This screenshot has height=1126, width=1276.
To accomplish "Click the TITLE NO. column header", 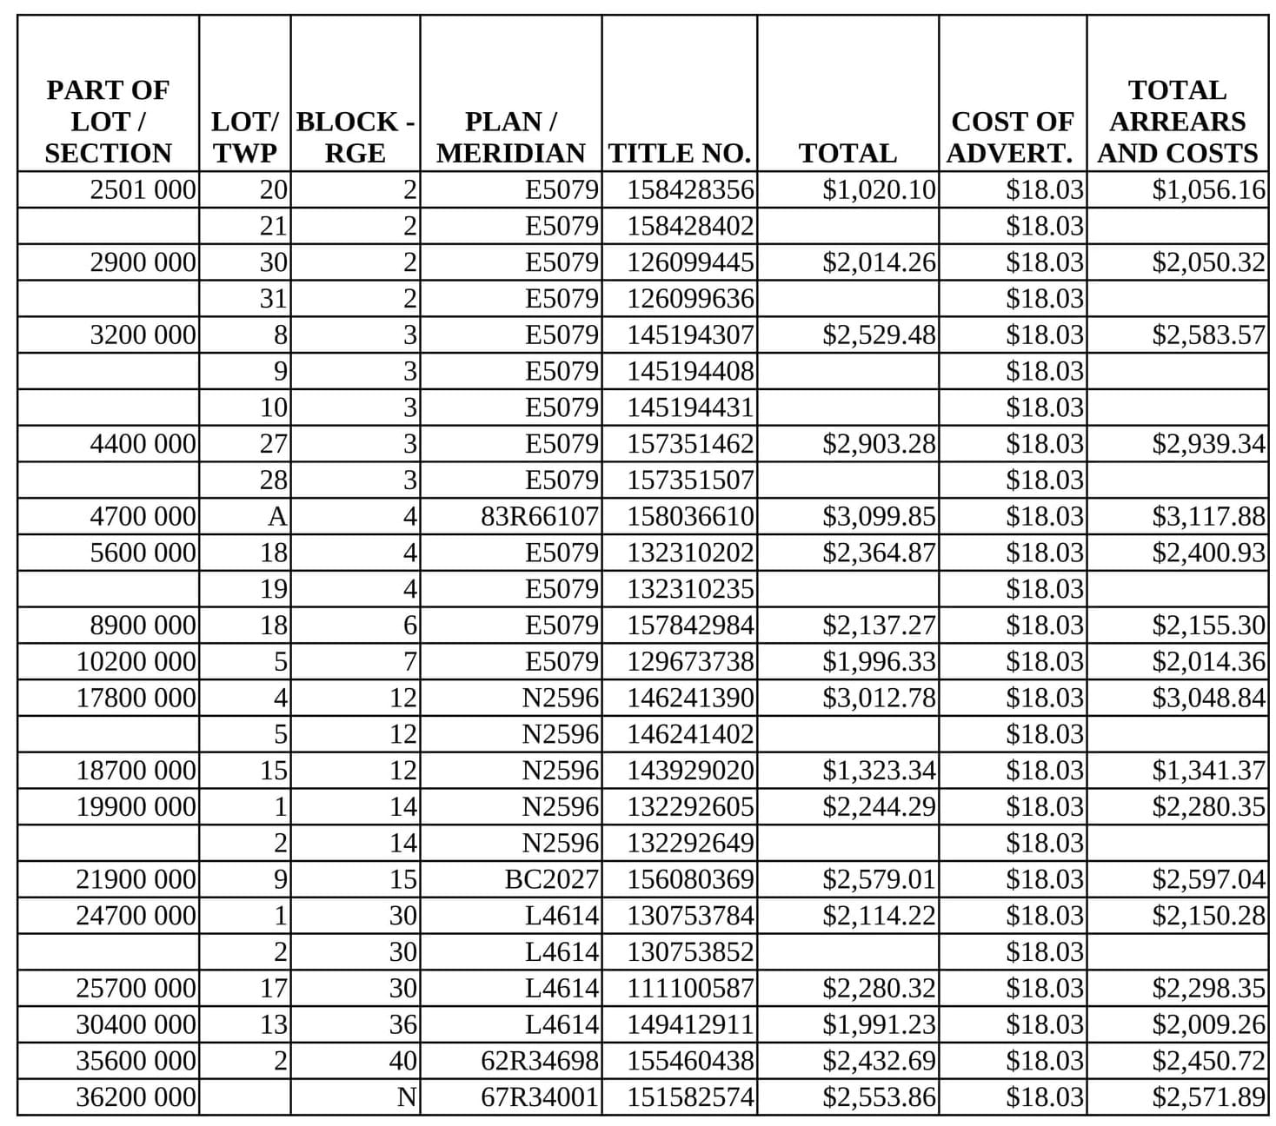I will click(679, 153).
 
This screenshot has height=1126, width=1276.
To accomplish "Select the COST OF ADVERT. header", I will click(1012, 137).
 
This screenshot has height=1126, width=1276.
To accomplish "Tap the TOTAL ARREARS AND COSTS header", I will click(1177, 122).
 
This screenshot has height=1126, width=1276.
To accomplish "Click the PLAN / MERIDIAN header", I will click(510, 137).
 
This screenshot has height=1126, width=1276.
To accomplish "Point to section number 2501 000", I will click(143, 189).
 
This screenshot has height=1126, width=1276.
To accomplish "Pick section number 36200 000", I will click(136, 1097).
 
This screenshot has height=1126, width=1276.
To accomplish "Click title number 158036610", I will click(690, 517).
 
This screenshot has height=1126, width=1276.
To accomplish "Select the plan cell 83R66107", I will click(540, 517).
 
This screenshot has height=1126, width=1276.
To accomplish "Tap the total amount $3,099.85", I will click(879, 517).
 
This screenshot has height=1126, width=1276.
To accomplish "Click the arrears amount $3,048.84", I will click(1208, 698).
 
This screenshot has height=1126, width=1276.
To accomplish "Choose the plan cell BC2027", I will click(551, 879).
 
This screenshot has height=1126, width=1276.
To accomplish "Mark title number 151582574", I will click(690, 1097).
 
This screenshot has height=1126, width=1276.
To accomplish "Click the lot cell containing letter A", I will click(276, 517).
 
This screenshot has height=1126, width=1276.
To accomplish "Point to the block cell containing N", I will click(406, 1097).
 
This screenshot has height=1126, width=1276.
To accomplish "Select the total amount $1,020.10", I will click(879, 189).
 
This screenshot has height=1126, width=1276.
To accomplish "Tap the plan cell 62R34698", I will click(540, 1061).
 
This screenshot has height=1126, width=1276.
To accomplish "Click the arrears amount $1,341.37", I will click(1208, 771).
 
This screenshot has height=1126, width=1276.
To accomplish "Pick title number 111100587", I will click(690, 989).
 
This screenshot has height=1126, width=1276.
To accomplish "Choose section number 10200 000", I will click(136, 662).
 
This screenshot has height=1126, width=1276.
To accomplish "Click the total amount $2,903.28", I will click(879, 444).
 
